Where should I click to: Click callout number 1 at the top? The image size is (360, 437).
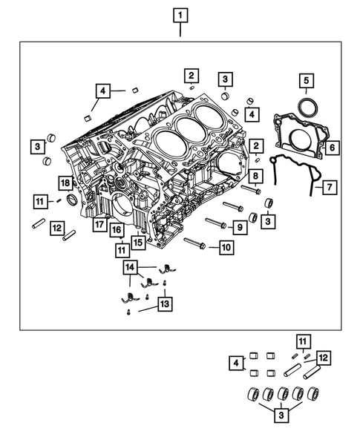(x=180, y=14)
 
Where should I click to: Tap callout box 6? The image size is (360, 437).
(x=332, y=148)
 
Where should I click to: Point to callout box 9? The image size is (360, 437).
(x=240, y=226)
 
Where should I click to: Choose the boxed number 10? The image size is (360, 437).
(x=225, y=247)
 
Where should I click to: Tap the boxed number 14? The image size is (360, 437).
(x=131, y=266)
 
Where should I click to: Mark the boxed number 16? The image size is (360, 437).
(x=117, y=231)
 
